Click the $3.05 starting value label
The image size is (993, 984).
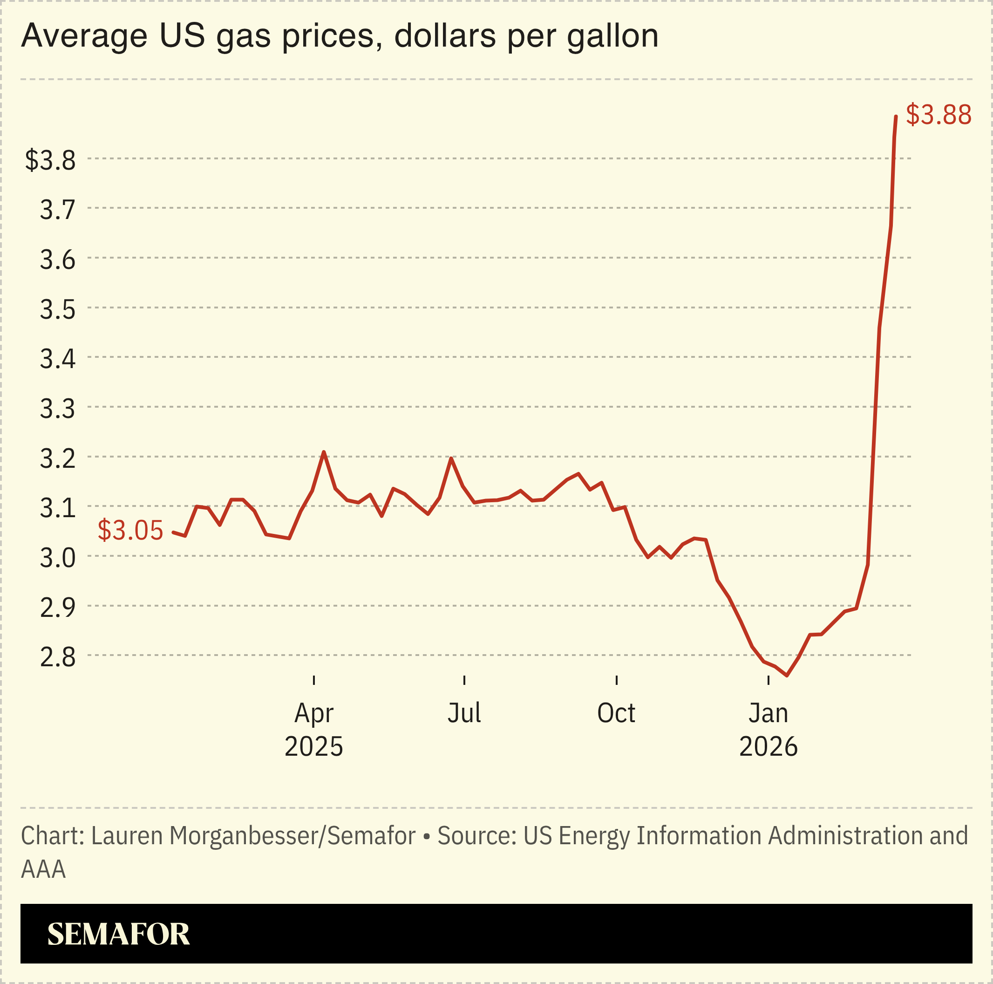tap(130, 530)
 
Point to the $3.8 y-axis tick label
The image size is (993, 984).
tap(50, 160)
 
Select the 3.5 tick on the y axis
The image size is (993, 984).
tap(58, 309)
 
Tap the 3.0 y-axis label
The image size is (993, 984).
tap(58, 558)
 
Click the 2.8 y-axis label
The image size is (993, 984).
tap(58, 657)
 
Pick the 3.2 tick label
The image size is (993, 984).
tap(58, 458)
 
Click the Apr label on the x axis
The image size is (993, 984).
tap(313, 713)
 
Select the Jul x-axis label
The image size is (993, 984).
tap(464, 713)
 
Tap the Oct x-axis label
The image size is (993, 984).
tap(616, 713)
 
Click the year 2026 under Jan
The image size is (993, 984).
tap(768, 746)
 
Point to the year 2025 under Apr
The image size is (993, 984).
tap(313, 746)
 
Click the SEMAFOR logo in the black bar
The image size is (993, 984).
tap(118, 934)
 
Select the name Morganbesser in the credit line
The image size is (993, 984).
tap(243, 835)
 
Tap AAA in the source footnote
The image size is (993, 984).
tap(43, 869)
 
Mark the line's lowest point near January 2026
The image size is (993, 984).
tap(786, 676)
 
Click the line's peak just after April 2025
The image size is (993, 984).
tap(323, 452)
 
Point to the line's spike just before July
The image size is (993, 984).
tap(451, 458)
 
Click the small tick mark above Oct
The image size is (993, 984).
tap(616, 680)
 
